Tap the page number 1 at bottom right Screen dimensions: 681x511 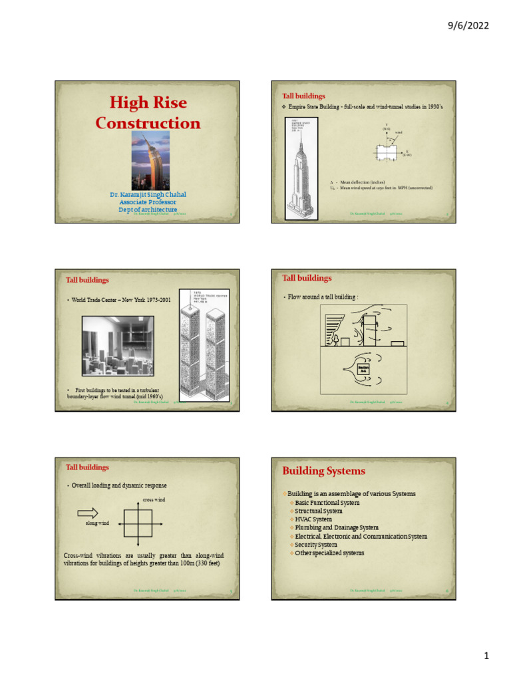pos(486,656)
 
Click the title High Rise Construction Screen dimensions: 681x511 pos(148,113)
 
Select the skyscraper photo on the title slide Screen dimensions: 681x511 pos(150,160)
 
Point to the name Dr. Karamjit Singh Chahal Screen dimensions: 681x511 pos(148,195)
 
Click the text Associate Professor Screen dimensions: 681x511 pos(148,202)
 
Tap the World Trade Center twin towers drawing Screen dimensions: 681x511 pos(204,346)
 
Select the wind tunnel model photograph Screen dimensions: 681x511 pos(118,346)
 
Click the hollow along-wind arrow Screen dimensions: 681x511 pos(88,511)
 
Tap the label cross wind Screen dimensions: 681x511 pos(154,499)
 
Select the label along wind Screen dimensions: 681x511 pos(96,523)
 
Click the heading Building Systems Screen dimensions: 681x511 pos(323,471)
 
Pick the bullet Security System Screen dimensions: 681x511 pos(320,545)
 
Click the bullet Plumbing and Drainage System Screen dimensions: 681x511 pos(337,528)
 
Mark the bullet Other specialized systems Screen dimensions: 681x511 pos(329,553)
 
